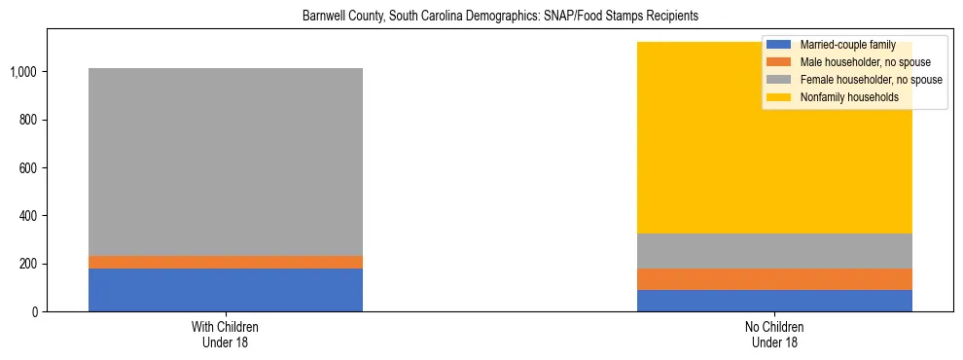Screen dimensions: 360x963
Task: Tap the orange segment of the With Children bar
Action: pyautogui.click(x=226, y=262)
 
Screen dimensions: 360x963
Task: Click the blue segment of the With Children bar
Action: pyautogui.click(x=226, y=290)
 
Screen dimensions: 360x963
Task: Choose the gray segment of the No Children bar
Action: pyautogui.click(x=774, y=251)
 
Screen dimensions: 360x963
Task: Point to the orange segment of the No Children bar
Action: pyautogui.click(x=774, y=279)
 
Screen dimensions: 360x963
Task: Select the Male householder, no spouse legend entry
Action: pyautogui.click(x=857, y=62)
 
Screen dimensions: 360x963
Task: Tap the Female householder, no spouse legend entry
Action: pyautogui.click(x=861, y=80)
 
